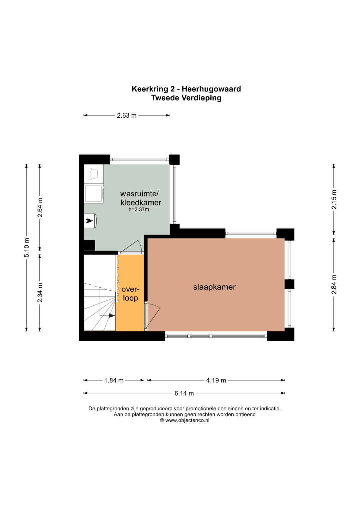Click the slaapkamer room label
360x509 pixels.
tap(214, 287)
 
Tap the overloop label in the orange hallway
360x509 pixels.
tap(130, 294)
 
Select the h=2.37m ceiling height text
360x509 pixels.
tap(139, 210)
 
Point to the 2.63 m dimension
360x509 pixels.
tap(127, 115)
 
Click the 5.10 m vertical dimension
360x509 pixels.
tap(27, 247)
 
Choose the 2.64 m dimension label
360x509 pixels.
tap(40, 207)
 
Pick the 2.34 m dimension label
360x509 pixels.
tap(40, 293)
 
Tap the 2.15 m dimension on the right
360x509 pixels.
tap(334, 199)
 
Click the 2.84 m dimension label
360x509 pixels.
tap(334, 284)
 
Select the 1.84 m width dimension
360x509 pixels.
tap(114, 380)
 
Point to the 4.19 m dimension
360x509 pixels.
tap(216, 380)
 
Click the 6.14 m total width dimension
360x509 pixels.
tap(184, 393)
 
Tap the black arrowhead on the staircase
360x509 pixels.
tap(112, 315)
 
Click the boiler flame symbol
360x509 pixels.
tap(89, 220)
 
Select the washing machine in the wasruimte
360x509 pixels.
tap(94, 194)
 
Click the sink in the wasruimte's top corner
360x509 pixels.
tap(94, 174)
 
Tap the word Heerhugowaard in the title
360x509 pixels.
tap(211, 89)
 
